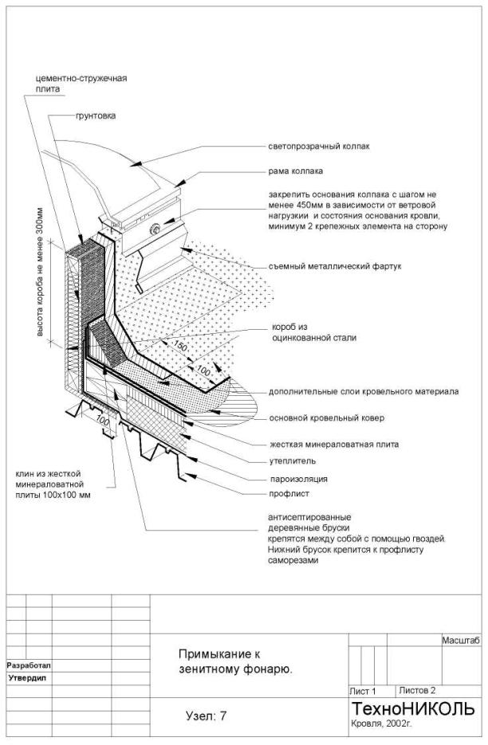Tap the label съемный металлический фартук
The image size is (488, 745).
332,267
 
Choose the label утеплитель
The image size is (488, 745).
292,461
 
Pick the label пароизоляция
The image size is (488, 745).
297,479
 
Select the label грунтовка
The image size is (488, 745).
95,116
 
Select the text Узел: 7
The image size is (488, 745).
206,716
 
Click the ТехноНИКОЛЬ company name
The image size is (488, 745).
412,709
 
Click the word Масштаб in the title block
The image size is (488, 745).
458,641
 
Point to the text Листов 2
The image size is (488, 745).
418,690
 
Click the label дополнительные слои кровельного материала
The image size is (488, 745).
362,392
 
